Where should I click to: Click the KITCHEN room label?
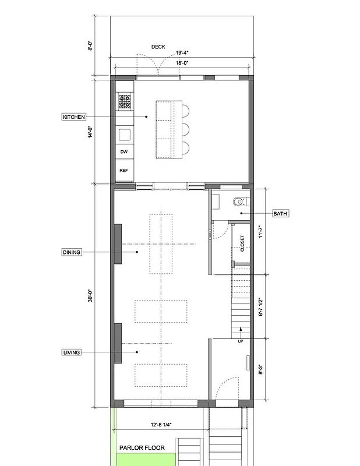point(73,117)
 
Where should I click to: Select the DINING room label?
point(72,252)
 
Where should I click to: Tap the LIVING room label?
point(72,352)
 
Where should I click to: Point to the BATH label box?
point(280,214)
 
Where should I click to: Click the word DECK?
point(159,47)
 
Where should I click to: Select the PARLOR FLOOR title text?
point(142,448)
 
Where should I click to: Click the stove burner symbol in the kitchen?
point(125,103)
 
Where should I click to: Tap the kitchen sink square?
point(125,135)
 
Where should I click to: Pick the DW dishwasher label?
point(123,152)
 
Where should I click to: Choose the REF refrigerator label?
point(123,171)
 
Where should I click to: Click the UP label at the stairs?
point(240,341)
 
